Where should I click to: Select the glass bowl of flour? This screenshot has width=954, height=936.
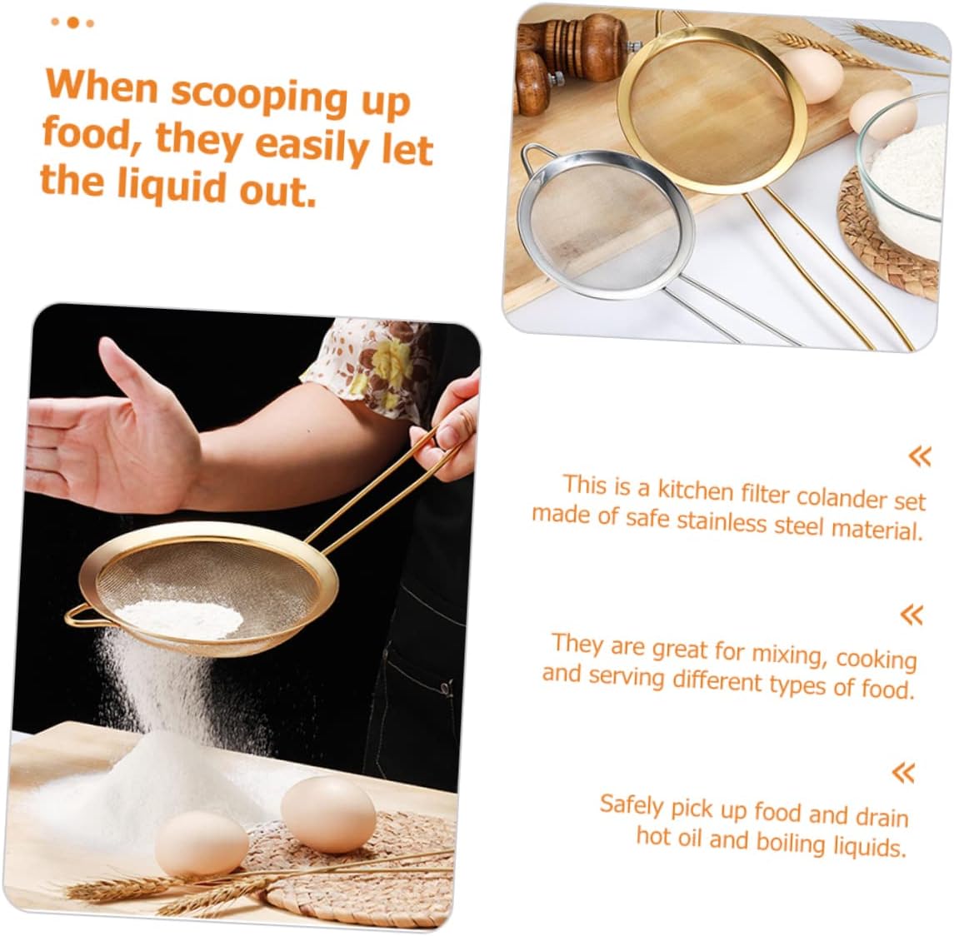[904, 164]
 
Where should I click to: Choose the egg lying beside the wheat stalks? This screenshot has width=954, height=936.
[202, 846]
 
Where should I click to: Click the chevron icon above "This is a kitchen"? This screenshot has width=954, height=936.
[919, 456]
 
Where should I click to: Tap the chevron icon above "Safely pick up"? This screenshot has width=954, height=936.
[903, 773]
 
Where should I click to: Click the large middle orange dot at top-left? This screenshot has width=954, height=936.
[73, 22]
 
